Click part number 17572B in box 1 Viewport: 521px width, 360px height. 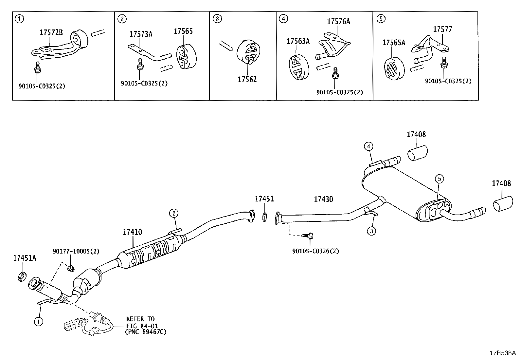pos(51,32)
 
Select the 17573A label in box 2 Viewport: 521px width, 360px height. pos(141,34)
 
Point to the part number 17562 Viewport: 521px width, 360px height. pos(247,79)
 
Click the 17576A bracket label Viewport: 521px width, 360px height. pos(338,22)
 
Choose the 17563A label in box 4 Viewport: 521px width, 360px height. pos(298,41)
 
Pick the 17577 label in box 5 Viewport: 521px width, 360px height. pos(442,29)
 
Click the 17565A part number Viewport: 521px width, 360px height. pos(394,43)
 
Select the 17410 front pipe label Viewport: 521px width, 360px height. pos(133,232)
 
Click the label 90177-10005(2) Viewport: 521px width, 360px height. pos(76,251)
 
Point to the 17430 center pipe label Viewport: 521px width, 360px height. pos(323,199)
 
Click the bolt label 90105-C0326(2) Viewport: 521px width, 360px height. pos(315,251)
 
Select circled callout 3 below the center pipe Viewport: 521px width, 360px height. pos(371,231)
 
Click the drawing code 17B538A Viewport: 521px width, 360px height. pos(502,353)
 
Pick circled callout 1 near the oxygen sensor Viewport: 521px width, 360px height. pos(39,321)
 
